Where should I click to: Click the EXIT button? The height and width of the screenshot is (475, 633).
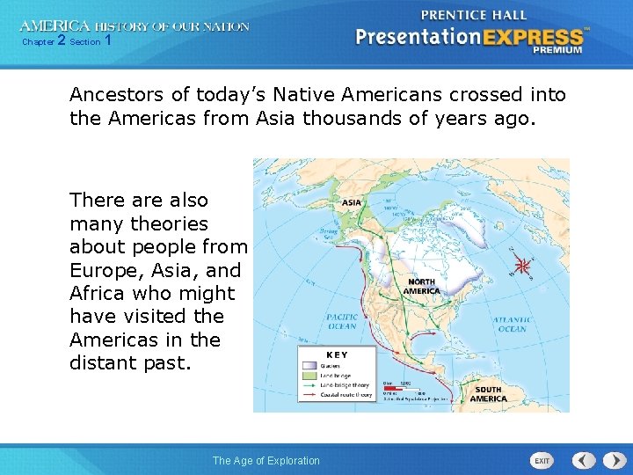tap(542, 460)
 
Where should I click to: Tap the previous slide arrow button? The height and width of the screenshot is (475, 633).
tap(585, 460)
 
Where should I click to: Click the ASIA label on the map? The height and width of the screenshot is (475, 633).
tap(351, 202)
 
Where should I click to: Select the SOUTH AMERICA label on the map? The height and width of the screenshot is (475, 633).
tap(488, 394)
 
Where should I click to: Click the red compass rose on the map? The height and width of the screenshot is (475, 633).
tap(524, 264)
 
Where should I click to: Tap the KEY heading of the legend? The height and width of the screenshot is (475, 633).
tap(338, 354)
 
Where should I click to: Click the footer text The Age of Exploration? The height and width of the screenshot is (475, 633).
tap(266, 461)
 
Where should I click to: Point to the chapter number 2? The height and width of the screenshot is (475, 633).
tap(61, 40)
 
